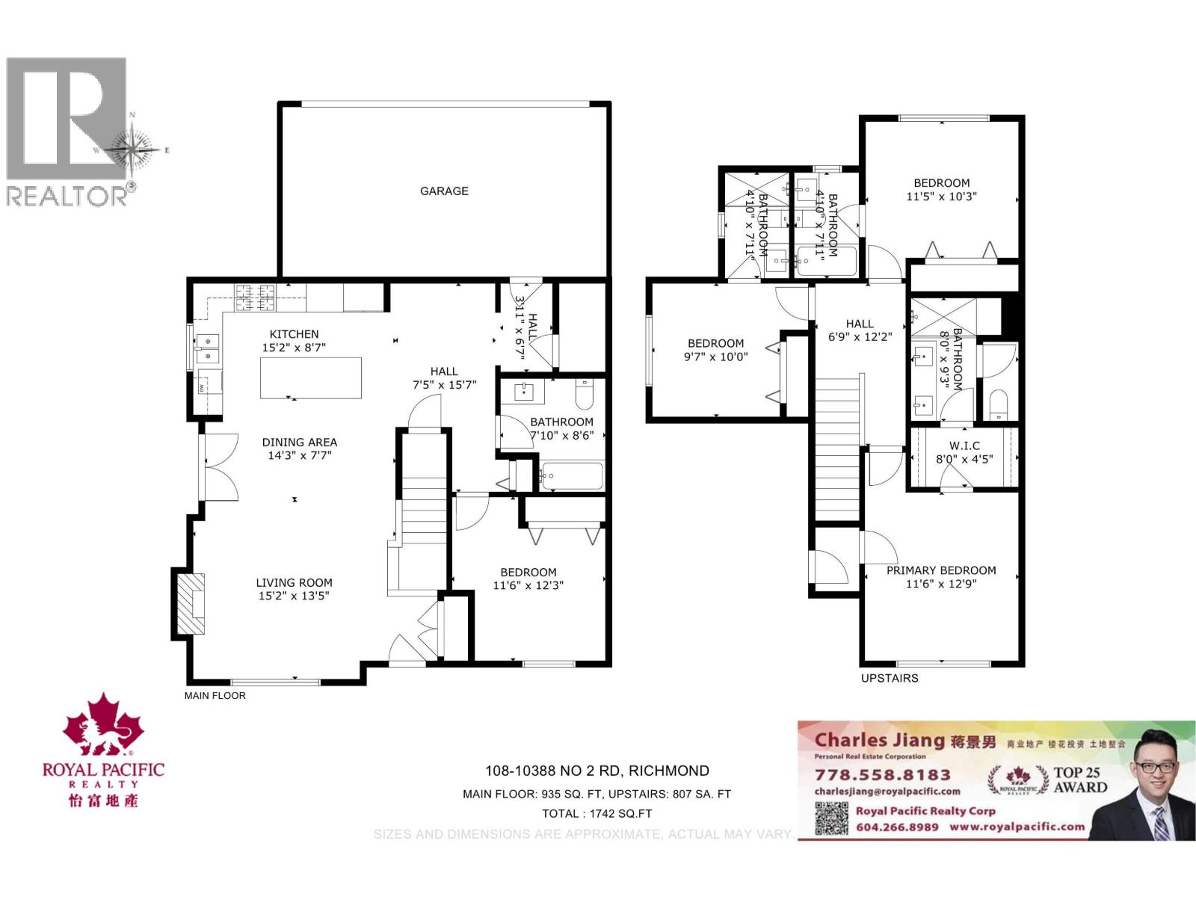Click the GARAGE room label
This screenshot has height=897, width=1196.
(444, 191)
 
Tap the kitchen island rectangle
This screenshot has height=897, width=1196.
(311, 378)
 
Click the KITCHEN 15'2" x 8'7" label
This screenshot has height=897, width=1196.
(294, 341)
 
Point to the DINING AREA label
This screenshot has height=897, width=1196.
(299, 449)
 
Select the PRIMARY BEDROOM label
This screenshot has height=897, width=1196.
(941, 576)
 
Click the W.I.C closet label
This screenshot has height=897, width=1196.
(964, 452)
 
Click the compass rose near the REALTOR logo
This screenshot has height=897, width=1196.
(132, 149)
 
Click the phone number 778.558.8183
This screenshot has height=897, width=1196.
(882, 775)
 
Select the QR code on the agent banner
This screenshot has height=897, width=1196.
(831, 819)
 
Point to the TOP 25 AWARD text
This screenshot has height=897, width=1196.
(1079, 780)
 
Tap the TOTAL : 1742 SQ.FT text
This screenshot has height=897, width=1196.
(597, 813)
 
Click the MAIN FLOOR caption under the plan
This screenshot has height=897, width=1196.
(215, 695)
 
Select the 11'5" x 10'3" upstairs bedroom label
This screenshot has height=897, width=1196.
(941, 190)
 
